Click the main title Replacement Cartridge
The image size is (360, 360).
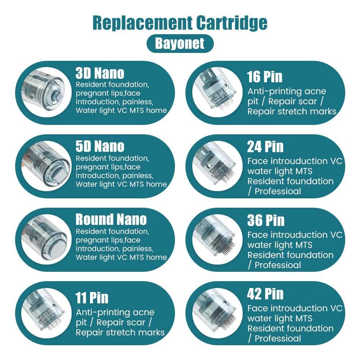coord(180,23)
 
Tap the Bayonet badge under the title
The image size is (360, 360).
coord(180,44)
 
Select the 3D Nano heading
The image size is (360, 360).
coord(100,73)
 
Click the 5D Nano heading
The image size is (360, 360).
coord(100,146)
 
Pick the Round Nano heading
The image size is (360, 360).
coord(111,219)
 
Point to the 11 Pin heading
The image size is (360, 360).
coord(92,298)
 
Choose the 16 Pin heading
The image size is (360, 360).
coord(265,77)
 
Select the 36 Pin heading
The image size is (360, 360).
coord(266,220)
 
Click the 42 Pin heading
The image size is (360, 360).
coord(265,294)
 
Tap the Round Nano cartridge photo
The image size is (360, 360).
coord(46,239)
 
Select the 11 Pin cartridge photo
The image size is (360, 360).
coord(46,313)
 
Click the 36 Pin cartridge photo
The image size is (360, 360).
coord(217,239)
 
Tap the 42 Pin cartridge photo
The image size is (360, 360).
coord(217,313)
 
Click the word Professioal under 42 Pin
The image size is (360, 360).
coord(278,338)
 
